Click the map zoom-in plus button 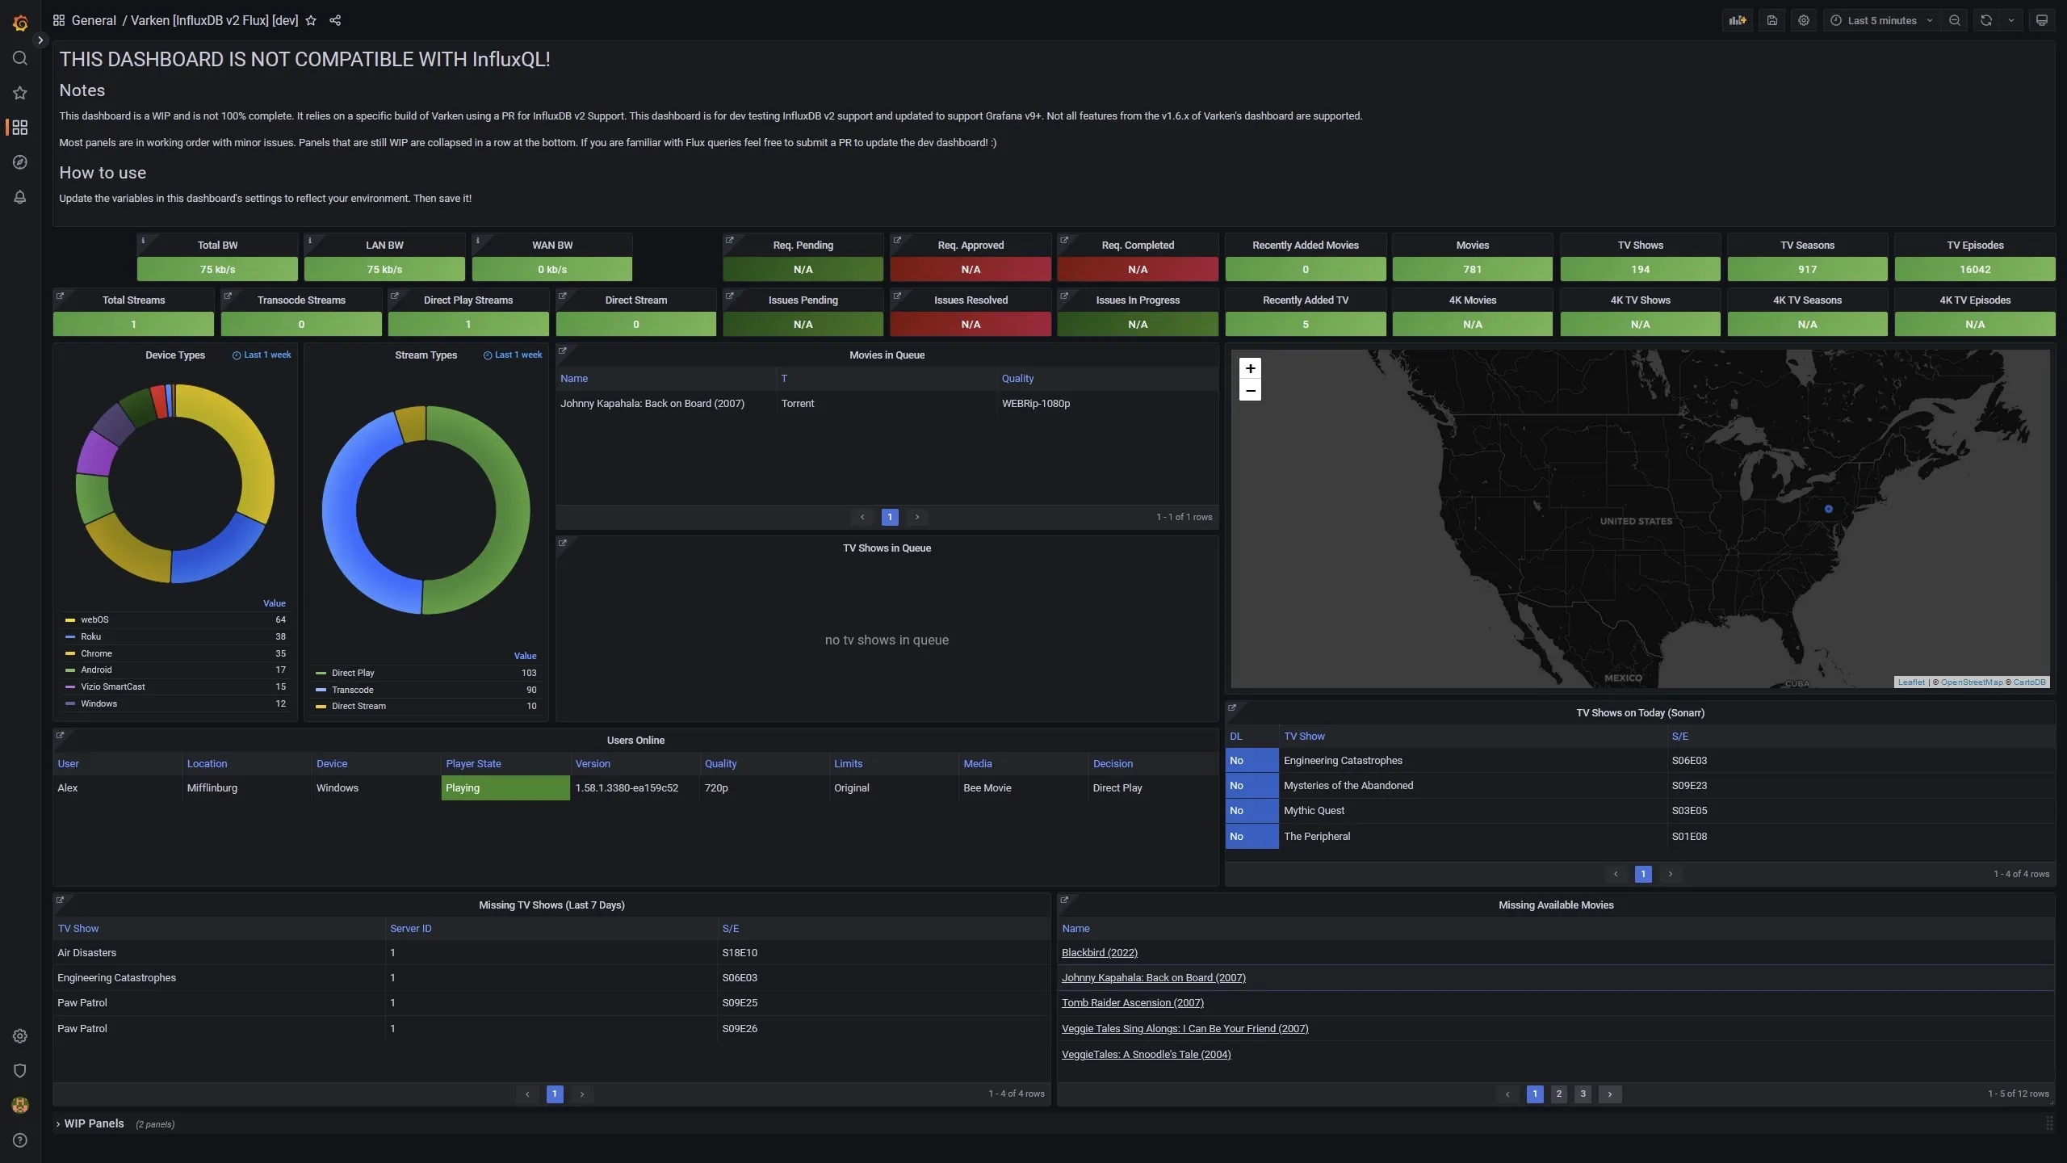point(1250,368)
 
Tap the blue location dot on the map point(1829,509)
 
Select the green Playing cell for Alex point(505,787)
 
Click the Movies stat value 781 point(1472,269)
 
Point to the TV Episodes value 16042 point(1974,269)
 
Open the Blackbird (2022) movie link point(1099,952)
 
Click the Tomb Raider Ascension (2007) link point(1132,1002)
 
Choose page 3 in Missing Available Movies point(1583,1094)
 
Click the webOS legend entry point(94,619)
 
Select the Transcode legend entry point(352,690)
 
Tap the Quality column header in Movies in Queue point(1017,378)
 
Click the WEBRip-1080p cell point(1035,403)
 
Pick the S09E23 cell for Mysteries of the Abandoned point(1689,785)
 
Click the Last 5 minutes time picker point(1881,20)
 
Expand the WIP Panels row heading point(94,1123)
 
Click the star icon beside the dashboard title point(311,20)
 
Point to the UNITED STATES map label point(1636,521)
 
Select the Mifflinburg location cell point(212,787)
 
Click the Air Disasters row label point(86,952)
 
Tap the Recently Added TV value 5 point(1305,324)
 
